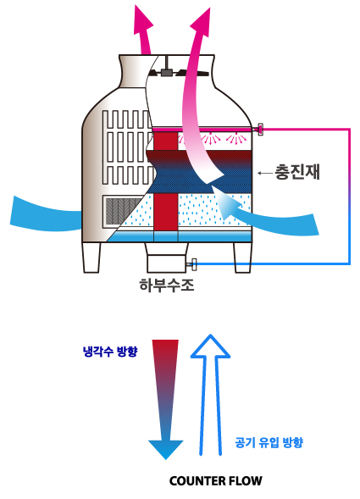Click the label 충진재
pos(297,172)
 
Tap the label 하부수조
pos(167,285)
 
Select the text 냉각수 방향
pos(110,352)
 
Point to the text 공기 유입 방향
pos(269,442)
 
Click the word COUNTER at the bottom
pos(196,481)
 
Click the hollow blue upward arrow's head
pos(210,347)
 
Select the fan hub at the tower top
pos(166,72)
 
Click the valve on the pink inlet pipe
pos(260,130)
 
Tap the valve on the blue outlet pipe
pos(193,264)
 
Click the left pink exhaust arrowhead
pos(143,19)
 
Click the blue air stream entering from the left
pos(46,214)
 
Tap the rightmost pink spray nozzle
pos(235,139)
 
